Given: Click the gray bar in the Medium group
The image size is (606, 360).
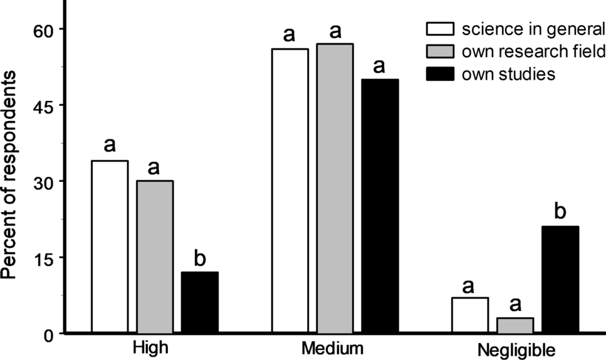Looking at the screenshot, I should pos(335,188).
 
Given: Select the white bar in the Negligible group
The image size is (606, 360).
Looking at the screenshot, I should pos(469,315).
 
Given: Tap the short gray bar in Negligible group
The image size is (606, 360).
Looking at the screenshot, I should pos(515,325).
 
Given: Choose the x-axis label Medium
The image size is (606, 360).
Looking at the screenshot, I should pos(335,347).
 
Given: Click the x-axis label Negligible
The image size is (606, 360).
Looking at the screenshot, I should pos(516,348).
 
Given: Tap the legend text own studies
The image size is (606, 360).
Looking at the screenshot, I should pos(508,74).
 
